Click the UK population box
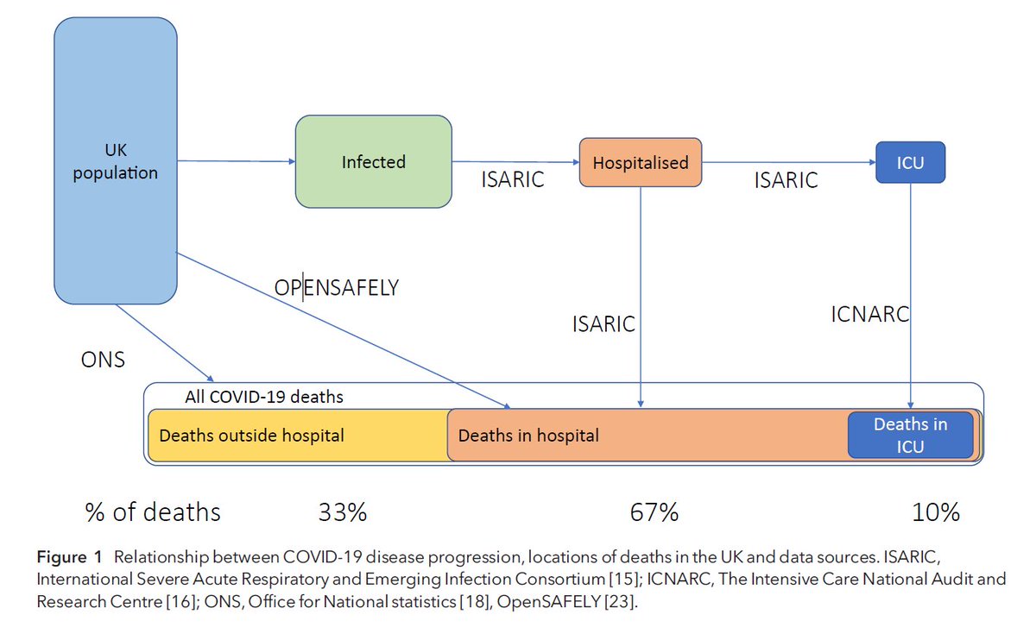116,161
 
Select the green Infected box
373,161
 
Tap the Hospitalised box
640,162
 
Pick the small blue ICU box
910,162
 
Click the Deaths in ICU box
910,435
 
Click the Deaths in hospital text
528,436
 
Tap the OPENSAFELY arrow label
336,287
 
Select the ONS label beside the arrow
102,359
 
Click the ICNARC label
869,314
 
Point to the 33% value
343,512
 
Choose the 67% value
654,512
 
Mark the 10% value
936,512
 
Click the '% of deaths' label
153,512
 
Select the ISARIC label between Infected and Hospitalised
512,180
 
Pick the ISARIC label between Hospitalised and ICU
786,180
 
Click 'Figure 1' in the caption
69,552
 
